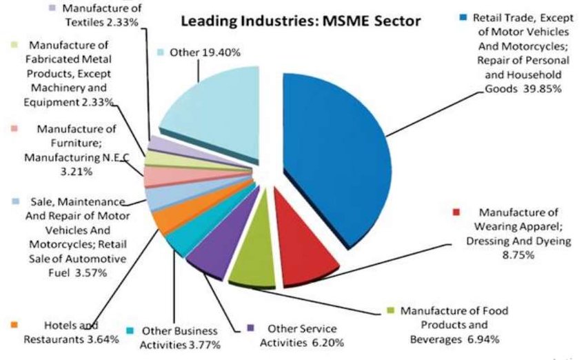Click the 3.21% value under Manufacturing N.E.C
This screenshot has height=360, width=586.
click(77, 172)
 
